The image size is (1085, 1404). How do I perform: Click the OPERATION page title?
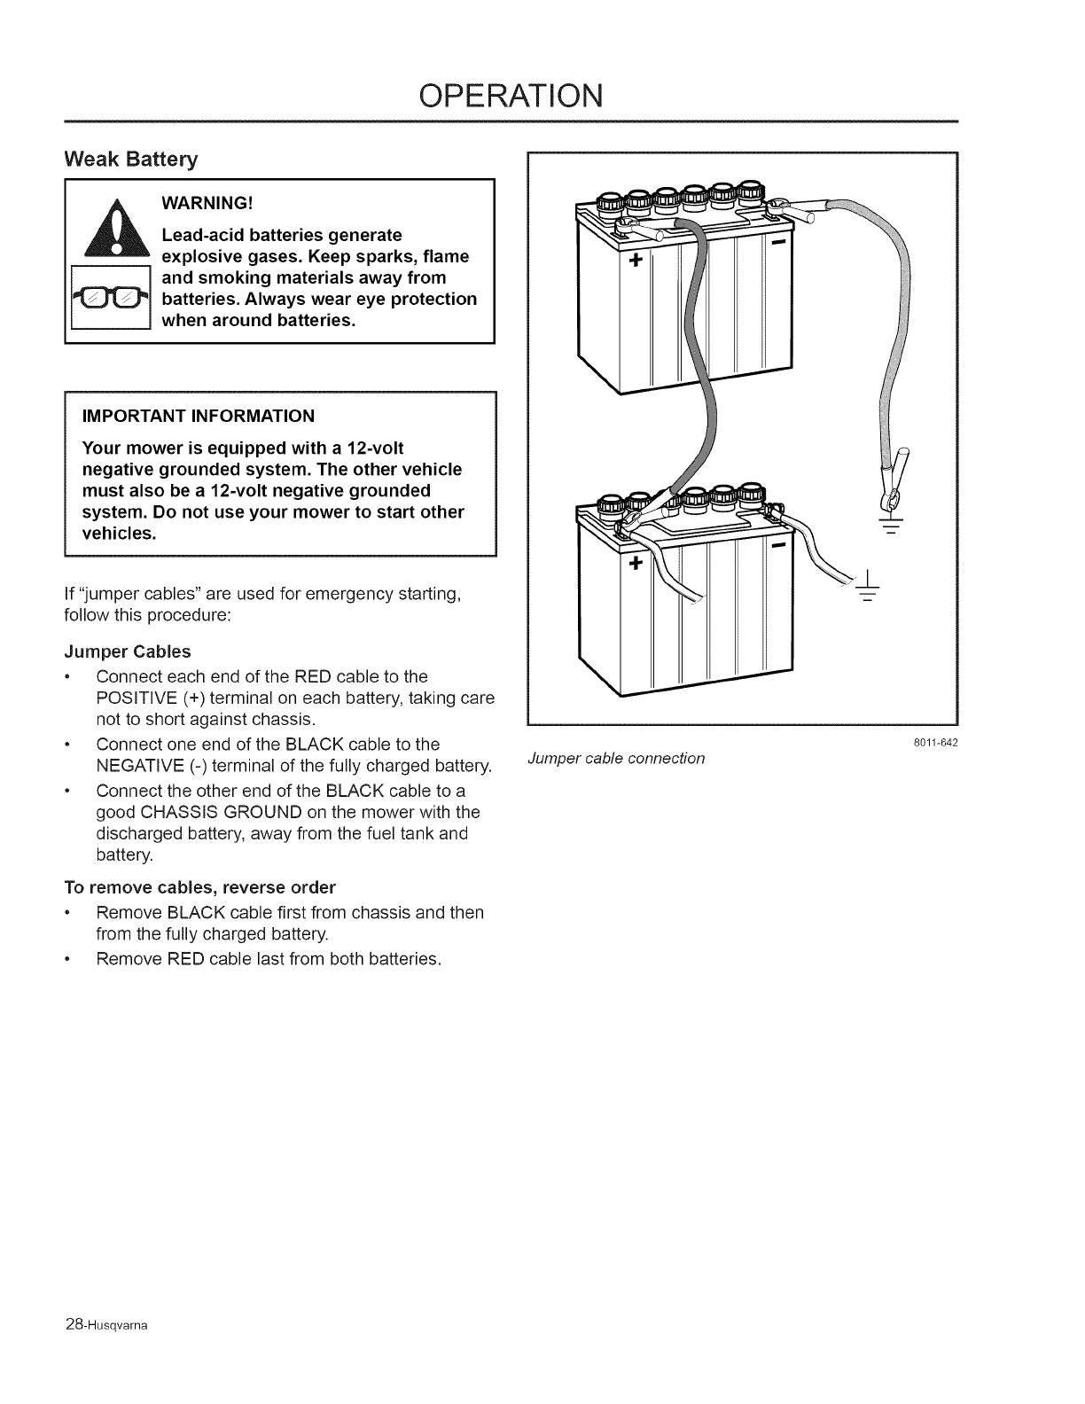pyautogui.click(x=512, y=94)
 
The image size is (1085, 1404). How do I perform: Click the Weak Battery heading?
pyautogui.click(x=131, y=160)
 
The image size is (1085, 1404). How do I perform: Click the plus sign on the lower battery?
pyautogui.click(x=635, y=563)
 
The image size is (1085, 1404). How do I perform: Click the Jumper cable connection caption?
pyautogui.click(x=616, y=758)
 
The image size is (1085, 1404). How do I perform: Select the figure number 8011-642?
pyautogui.click(x=937, y=743)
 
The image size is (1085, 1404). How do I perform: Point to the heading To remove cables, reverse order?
pyautogui.click(x=200, y=887)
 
